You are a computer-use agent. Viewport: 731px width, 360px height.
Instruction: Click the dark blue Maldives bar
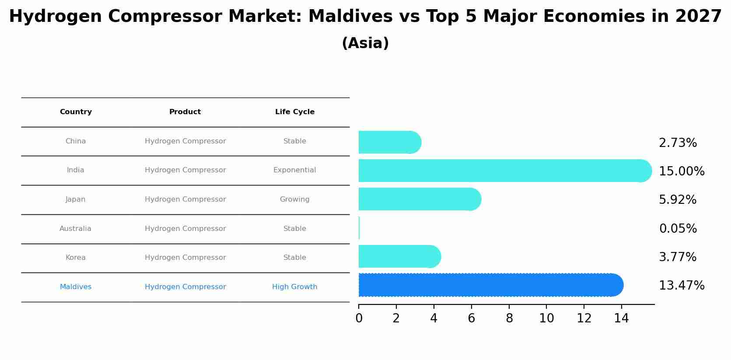(x=490, y=285)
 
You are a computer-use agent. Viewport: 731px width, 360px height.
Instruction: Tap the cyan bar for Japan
(x=419, y=199)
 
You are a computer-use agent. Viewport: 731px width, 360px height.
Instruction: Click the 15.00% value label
(x=681, y=171)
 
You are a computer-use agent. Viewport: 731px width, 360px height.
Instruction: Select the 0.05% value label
(x=678, y=229)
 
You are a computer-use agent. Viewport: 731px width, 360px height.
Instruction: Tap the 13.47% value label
(x=681, y=286)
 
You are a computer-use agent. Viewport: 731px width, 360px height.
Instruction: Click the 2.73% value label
(x=678, y=143)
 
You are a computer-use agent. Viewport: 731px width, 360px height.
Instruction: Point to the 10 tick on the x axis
(x=546, y=318)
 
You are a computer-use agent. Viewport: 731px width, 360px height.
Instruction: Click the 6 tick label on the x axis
(x=471, y=318)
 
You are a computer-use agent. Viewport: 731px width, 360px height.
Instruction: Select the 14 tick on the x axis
(x=621, y=318)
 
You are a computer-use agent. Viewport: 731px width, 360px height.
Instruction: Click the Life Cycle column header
(x=294, y=112)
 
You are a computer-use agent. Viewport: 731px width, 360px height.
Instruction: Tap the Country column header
(x=76, y=112)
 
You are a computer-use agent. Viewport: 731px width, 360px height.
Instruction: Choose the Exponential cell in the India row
(x=294, y=170)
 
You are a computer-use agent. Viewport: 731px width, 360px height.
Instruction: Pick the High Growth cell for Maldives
(x=294, y=287)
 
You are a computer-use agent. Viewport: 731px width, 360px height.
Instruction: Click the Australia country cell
(x=75, y=229)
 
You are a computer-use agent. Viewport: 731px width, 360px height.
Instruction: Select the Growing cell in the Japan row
(x=294, y=199)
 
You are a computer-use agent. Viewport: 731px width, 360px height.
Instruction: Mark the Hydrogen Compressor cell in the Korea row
(x=185, y=258)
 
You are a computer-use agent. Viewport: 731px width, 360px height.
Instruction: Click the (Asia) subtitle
(x=365, y=43)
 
